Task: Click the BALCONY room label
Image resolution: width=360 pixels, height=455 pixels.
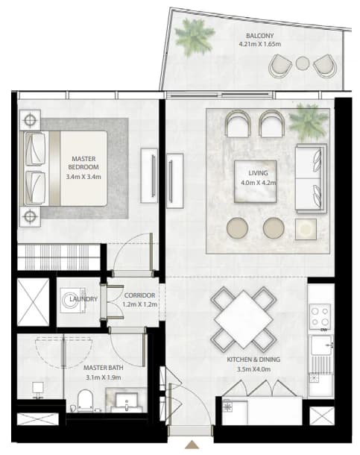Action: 259,36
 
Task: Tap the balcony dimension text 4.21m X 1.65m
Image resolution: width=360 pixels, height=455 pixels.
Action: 259,45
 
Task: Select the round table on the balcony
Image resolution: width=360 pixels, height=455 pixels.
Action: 303,63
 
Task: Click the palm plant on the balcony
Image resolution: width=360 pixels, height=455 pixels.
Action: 195,36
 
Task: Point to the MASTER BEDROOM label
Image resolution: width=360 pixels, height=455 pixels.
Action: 83,163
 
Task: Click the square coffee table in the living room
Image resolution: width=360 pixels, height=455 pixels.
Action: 256,181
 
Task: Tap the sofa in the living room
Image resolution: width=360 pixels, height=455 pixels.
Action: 311,178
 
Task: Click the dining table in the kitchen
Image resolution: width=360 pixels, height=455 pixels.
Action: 244,319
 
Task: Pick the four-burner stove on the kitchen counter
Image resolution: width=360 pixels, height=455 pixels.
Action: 320,316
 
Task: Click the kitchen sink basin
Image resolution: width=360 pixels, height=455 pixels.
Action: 321,345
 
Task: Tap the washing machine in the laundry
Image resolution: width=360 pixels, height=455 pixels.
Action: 73,301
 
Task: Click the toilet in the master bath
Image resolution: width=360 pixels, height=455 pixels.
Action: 85,401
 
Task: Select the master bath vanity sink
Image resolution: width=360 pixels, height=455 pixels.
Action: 127,401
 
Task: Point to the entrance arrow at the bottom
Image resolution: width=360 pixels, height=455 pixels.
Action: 192,445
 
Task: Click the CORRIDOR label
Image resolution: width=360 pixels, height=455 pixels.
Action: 139,295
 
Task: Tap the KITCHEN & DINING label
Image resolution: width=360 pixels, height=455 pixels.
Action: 253,360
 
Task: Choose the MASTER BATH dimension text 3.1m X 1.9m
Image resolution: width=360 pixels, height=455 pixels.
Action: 104,377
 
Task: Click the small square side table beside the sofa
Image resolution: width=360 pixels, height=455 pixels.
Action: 306,229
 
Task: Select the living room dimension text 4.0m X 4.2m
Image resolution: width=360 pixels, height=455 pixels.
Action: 258,183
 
